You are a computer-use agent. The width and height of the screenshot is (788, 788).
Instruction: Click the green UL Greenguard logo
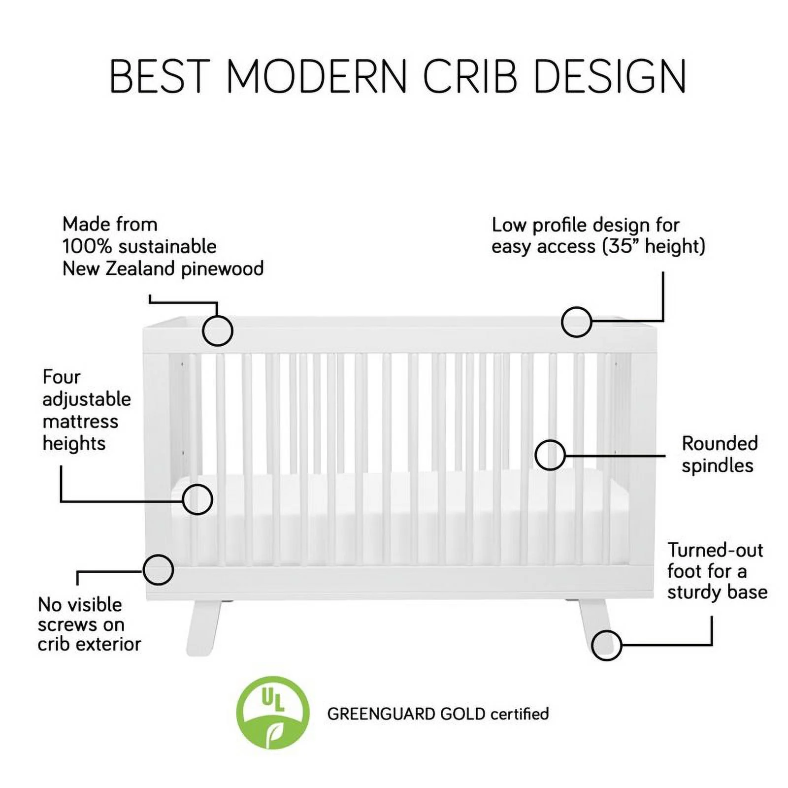272,712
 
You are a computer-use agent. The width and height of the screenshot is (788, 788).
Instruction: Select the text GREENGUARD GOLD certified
438,714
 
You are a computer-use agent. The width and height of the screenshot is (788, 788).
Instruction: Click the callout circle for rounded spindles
550,455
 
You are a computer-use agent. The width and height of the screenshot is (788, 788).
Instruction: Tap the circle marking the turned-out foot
606,645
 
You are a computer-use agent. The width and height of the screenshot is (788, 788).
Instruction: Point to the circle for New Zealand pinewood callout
217,330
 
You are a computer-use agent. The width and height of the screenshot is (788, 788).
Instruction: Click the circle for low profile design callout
576,322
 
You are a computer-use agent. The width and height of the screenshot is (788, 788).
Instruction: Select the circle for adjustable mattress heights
197,499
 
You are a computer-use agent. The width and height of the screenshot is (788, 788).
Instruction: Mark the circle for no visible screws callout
158,570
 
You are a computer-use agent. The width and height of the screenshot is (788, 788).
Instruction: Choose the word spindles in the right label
717,466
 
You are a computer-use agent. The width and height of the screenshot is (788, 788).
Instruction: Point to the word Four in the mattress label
61,377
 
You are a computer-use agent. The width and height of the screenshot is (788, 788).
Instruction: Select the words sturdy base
717,592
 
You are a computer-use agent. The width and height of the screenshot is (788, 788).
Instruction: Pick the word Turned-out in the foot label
715,550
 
